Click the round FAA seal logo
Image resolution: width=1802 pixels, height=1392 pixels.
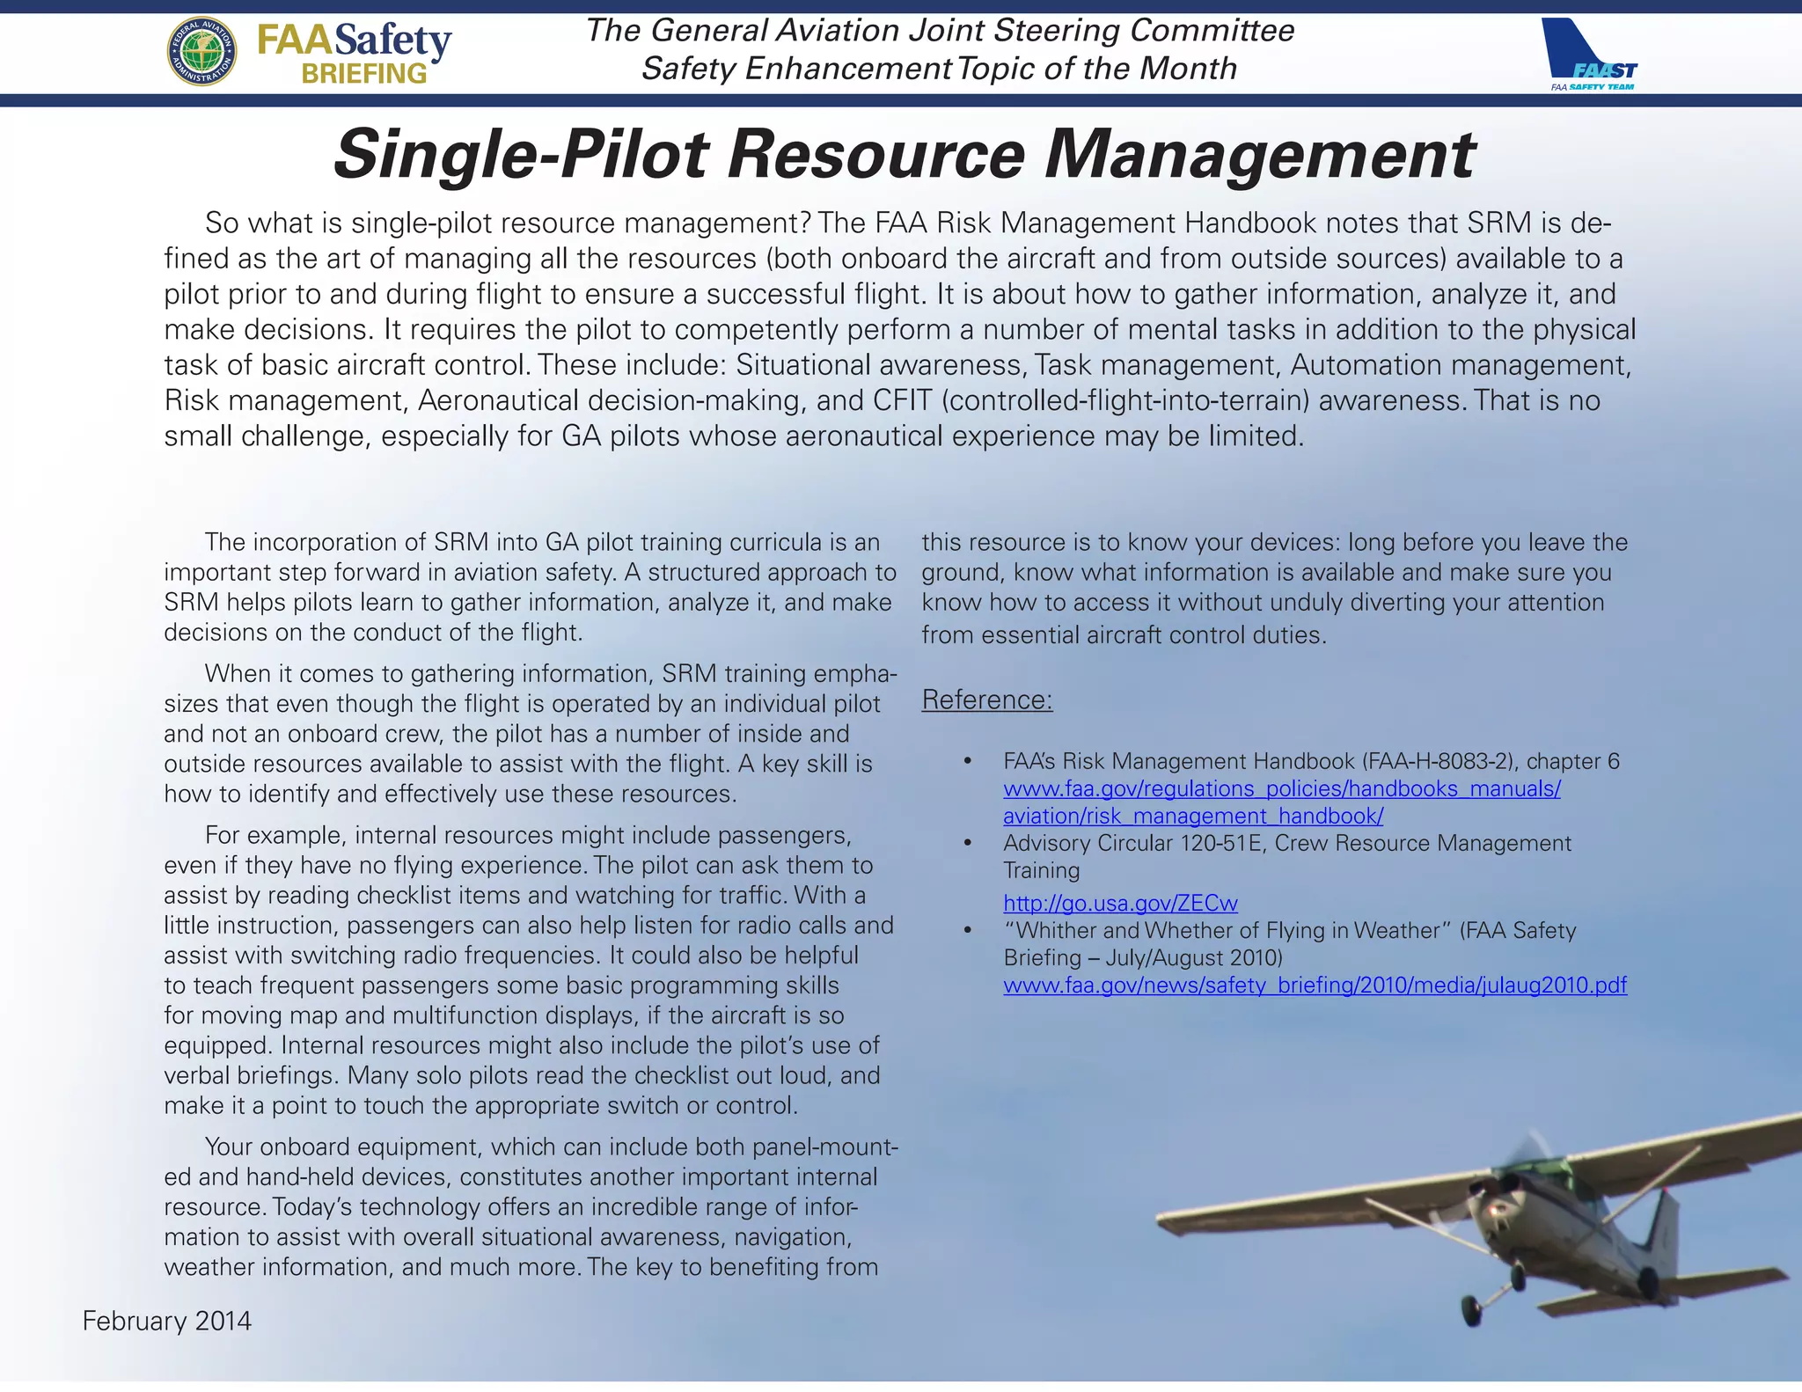pos(201,52)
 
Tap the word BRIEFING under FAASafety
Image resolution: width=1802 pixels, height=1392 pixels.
pos(364,74)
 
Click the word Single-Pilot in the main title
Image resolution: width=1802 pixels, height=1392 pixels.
pos(521,155)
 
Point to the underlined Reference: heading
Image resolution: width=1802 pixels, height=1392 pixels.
pos(986,700)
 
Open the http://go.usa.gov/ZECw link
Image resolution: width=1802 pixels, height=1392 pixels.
pos(1120,903)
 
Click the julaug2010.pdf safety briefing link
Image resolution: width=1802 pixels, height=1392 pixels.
pos(1315,985)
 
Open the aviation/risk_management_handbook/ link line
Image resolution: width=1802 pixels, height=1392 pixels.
pos(1193,816)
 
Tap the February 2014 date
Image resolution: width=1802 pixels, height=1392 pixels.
pos(167,1321)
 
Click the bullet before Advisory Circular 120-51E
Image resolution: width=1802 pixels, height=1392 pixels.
pos(968,843)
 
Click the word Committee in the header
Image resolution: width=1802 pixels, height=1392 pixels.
pos(1212,31)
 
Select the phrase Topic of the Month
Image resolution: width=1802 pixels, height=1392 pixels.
pos(1097,69)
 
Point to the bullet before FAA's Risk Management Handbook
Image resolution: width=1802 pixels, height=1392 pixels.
pos(968,761)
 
